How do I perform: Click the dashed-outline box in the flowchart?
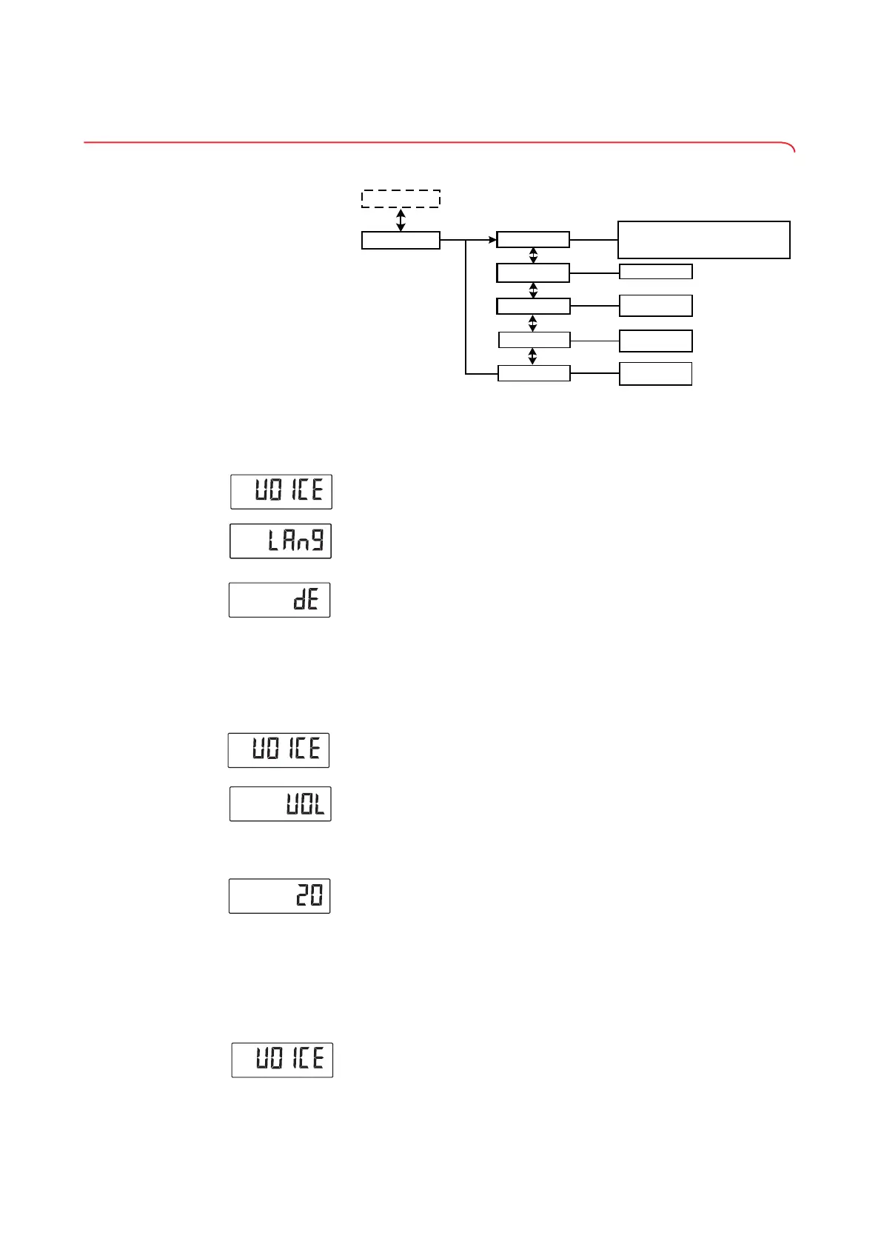(x=401, y=198)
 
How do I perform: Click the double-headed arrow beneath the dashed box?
(x=401, y=219)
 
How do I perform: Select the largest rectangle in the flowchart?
(x=703, y=239)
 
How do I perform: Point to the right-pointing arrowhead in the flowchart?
(x=492, y=240)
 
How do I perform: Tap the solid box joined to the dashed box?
(x=401, y=241)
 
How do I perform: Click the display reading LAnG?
(x=281, y=541)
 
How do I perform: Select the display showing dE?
(x=279, y=600)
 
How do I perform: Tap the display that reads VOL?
(x=280, y=804)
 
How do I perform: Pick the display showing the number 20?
(x=279, y=896)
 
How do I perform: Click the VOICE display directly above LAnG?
(x=281, y=492)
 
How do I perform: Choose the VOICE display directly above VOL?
(x=278, y=750)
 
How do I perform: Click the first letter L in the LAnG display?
(x=273, y=541)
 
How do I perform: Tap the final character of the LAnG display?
(x=318, y=541)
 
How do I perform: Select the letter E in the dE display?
(x=314, y=601)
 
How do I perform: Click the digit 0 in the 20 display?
(x=316, y=897)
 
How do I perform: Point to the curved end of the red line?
(x=791, y=145)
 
